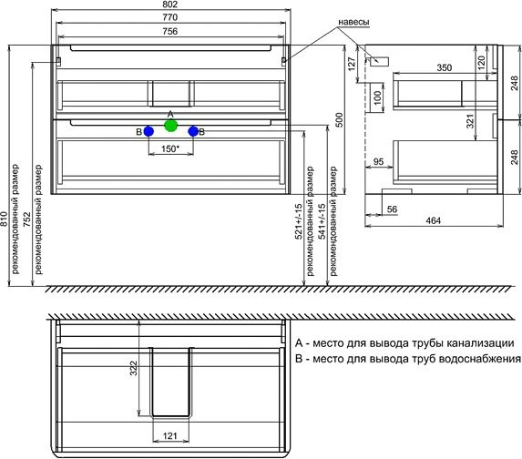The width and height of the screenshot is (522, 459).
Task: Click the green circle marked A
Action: click(170, 125)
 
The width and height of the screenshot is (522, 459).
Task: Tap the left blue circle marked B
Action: click(148, 132)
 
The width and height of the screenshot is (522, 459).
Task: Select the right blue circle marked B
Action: click(193, 132)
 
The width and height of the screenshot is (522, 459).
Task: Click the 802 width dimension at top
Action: click(171, 5)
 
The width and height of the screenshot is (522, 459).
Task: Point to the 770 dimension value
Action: click(171, 18)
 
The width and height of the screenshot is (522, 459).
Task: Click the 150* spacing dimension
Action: click(170, 148)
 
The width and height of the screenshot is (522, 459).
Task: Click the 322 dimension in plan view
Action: click(133, 368)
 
